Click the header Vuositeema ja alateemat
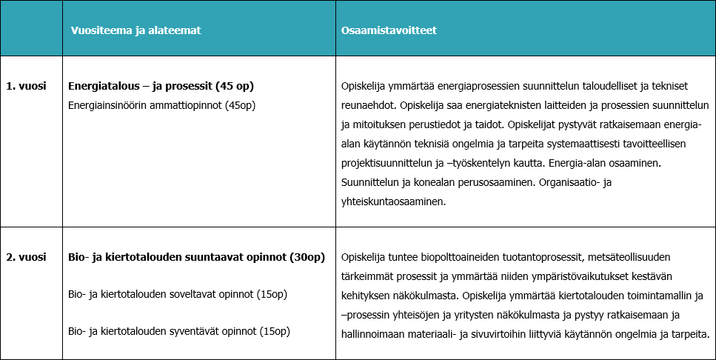pyautogui.click(x=135, y=30)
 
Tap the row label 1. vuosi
pyautogui.click(x=27, y=86)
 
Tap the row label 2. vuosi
pyautogui.click(x=27, y=258)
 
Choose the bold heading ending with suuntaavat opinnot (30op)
pyautogui.click(x=196, y=258)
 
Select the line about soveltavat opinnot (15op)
pyautogui.click(x=177, y=294)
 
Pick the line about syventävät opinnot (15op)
pyautogui.click(x=178, y=330)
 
